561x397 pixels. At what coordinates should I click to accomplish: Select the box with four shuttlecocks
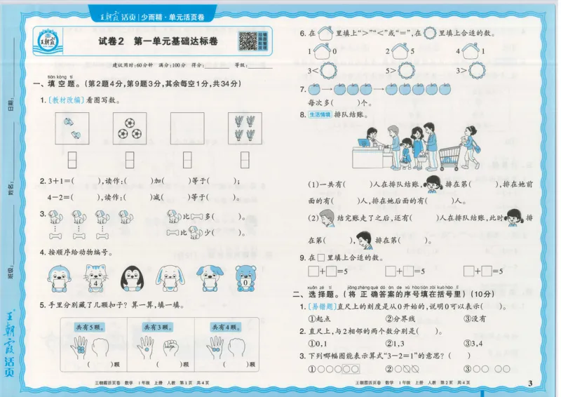244,128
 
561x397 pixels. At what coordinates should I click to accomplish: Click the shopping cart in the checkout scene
451,152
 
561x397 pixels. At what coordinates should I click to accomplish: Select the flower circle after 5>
401,71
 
